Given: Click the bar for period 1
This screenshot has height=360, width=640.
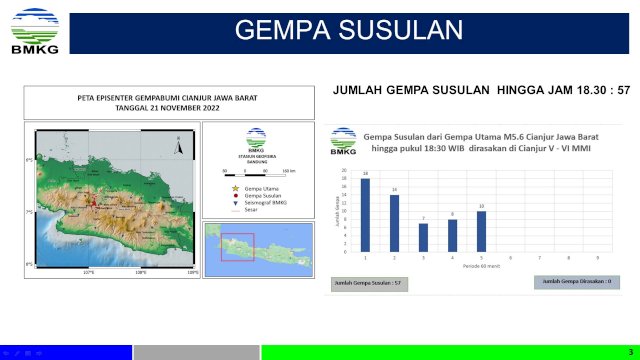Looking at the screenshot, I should pyautogui.click(x=365, y=215).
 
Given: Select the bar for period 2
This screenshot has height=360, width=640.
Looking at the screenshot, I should pyautogui.click(x=394, y=223).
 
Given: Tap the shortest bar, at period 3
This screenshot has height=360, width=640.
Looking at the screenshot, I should pyautogui.click(x=423, y=238).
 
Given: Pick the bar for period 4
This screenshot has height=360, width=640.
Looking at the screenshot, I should pyautogui.click(x=452, y=236).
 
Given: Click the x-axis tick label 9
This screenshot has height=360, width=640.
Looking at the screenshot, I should pyautogui.click(x=597, y=258).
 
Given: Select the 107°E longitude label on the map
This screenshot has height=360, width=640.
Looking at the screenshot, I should pyautogui.click(x=88, y=271).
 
